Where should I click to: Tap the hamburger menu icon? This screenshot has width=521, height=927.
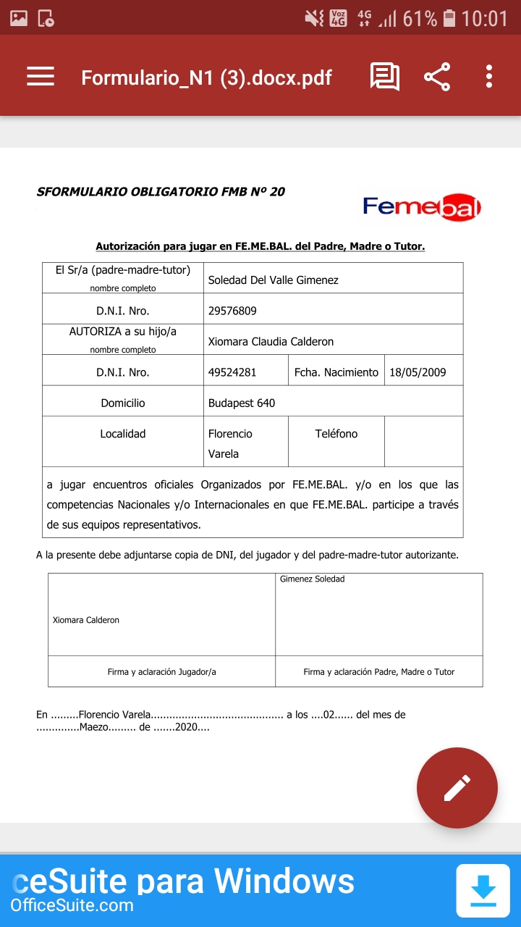pyautogui.click(x=41, y=77)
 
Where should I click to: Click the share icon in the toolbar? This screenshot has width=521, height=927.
pyautogui.click(x=436, y=77)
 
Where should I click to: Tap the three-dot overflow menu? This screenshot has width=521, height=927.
pyautogui.click(x=489, y=77)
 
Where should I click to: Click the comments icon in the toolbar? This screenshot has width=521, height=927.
pyautogui.click(x=384, y=77)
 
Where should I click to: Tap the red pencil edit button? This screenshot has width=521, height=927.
pyautogui.click(x=457, y=787)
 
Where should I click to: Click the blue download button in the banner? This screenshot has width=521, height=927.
pyautogui.click(x=483, y=890)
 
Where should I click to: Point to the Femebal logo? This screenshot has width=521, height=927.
pyautogui.click(x=422, y=208)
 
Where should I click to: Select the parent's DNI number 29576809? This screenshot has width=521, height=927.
pyautogui.click(x=232, y=311)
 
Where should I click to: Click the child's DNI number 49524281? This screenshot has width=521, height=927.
pyautogui.click(x=232, y=372)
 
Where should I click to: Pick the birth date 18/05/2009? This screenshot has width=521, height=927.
pyautogui.click(x=418, y=372)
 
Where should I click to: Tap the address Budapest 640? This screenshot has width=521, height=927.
pyautogui.click(x=242, y=403)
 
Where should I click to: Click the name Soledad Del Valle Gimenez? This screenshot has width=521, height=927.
pyautogui.click(x=273, y=280)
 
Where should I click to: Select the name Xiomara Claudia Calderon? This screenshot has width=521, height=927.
pyautogui.click(x=271, y=341)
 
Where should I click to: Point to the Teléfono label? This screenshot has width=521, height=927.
pyautogui.click(x=336, y=434)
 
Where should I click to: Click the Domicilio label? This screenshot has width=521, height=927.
pyautogui.click(x=123, y=403)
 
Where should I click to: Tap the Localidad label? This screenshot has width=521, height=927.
pyautogui.click(x=123, y=434)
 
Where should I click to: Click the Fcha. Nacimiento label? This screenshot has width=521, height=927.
pyautogui.click(x=336, y=372)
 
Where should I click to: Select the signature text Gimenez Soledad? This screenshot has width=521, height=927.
pyautogui.click(x=312, y=579)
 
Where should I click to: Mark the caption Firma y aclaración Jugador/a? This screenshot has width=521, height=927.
pyautogui.click(x=161, y=672)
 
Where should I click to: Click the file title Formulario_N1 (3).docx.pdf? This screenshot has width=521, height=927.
pyautogui.click(x=206, y=77)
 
